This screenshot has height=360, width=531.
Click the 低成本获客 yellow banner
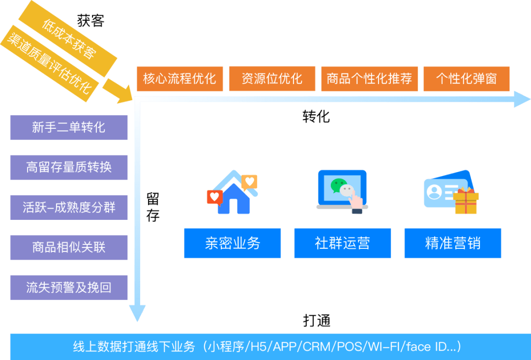click(68, 39)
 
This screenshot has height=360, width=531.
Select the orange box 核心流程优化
click(179, 79)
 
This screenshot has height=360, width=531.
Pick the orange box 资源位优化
click(272, 79)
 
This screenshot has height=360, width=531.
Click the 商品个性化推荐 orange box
click(369, 79)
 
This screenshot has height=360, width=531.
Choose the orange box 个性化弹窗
click(466, 79)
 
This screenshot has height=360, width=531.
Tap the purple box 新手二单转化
click(69, 127)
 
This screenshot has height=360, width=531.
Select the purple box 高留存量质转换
click(69, 167)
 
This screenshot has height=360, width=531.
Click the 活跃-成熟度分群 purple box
click(69, 207)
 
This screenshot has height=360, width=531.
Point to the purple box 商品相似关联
click(69, 247)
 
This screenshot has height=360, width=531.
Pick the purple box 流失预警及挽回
click(69, 287)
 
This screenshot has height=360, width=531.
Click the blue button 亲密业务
click(233, 243)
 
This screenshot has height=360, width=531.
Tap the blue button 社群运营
click(342, 243)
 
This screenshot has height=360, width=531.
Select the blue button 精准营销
click(452, 243)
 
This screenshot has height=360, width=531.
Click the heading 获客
click(91, 20)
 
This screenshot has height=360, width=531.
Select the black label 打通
click(316, 321)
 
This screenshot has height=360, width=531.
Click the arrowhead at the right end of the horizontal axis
click(522, 99)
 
